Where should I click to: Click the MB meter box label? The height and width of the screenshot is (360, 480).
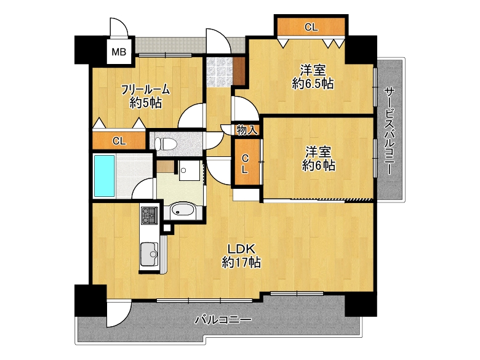(x=119, y=52)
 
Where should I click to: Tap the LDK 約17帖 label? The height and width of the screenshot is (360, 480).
(x=241, y=256)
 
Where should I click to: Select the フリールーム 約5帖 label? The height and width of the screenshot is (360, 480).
(x=145, y=96)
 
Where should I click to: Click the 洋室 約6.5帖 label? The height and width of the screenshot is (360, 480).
(x=313, y=76)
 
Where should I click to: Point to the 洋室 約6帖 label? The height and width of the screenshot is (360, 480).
(x=318, y=159)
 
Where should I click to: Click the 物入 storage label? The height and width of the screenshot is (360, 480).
(x=247, y=130)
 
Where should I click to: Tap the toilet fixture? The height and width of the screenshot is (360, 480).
(x=166, y=143)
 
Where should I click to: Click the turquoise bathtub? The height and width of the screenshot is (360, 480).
(x=105, y=176)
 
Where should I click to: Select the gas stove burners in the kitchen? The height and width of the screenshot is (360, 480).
(x=150, y=215)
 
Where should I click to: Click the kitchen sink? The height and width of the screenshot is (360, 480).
(x=149, y=254)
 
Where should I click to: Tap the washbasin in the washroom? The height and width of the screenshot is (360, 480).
(x=182, y=210)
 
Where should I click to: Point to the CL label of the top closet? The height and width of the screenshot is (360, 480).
(x=311, y=28)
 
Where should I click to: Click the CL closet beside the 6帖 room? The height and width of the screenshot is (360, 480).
(x=246, y=162)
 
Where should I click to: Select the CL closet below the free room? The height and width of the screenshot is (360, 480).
(x=119, y=141)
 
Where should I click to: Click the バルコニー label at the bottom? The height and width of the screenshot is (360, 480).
(x=223, y=320)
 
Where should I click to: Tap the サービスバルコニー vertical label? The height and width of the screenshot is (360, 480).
(x=389, y=131)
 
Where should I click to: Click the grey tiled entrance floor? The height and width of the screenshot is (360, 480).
(x=220, y=71)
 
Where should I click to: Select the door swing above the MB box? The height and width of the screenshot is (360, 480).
(x=119, y=28)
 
